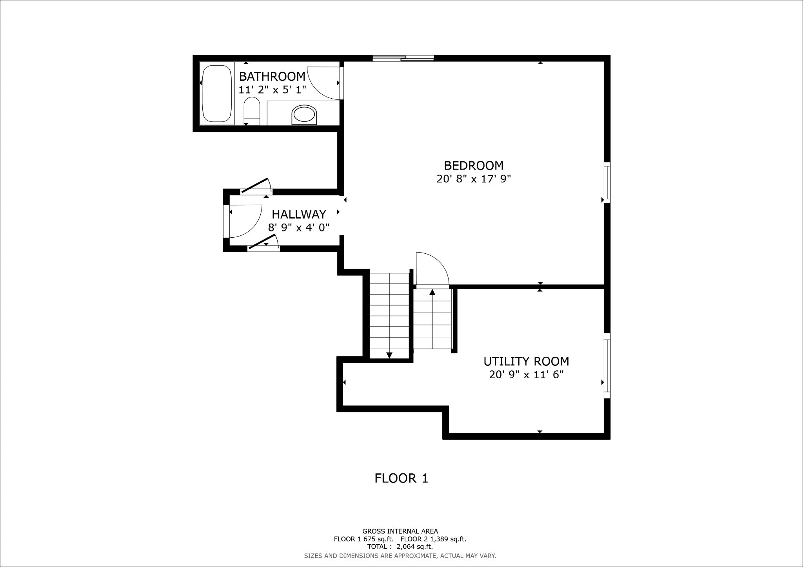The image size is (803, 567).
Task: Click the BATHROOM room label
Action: [x=272, y=76]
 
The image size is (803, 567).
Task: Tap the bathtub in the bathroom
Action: [x=217, y=94]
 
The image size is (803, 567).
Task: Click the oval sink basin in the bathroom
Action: [x=304, y=115]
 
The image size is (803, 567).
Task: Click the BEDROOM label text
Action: [x=473, y=166]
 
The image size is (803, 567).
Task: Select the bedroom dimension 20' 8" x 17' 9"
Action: [x=473, y=179]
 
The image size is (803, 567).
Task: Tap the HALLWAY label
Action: [x=299, y=214]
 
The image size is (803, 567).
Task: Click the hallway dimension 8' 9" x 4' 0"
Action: [x=299, y=228]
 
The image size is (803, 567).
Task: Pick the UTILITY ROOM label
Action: [x=526, y=361]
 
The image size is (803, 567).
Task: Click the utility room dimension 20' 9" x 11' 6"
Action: [x=526, y=375]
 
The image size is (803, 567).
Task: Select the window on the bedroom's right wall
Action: [x=607, y=182]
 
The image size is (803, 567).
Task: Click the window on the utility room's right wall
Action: [x=607, y=366]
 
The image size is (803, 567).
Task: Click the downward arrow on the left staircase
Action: [x=389, y=355]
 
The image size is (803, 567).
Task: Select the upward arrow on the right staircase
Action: [x=432, y=292]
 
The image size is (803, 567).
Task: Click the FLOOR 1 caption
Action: [x=401, y=478]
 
